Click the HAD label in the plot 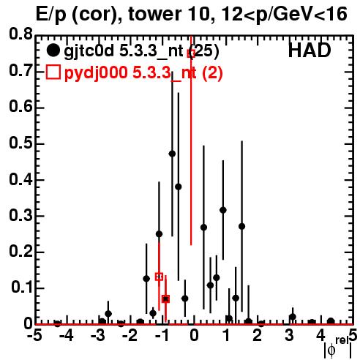[310, 50]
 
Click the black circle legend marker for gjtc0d [53, 50]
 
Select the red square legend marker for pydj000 [53, 72]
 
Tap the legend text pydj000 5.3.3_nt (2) [143, 73]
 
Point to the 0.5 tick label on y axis [20, 143]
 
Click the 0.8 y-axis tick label [20, 34]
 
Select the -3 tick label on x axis [99, 336]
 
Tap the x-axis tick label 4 [320, 336]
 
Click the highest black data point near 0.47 [172, 154]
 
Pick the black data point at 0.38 [179, 187]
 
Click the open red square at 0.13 [159, 277]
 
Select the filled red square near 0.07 [165, 299]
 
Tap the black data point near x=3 [293, 317]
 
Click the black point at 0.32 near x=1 [223, 210]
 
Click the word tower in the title [151, 14]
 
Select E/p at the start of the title [51, 15]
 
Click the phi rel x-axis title [338, 349]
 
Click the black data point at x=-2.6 [108, 314]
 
